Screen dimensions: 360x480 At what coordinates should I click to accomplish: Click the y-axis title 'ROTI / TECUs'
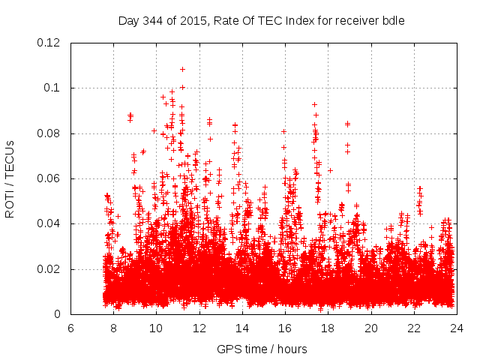(10, 178)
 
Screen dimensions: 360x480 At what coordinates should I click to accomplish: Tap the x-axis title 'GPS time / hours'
(262, 349)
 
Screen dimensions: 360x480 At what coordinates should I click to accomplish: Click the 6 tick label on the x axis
(70, 328)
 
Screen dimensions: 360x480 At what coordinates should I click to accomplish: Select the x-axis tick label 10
(156, 328)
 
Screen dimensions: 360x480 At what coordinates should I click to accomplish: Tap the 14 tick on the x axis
(242, 328)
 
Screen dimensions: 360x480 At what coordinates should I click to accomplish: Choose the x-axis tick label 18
(328, 328)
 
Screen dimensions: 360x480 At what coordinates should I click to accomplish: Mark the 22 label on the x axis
(414, 328)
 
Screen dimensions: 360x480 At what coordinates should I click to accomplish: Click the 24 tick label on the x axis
(457, 328)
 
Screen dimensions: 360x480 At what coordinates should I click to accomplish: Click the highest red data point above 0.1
(182, 69)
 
